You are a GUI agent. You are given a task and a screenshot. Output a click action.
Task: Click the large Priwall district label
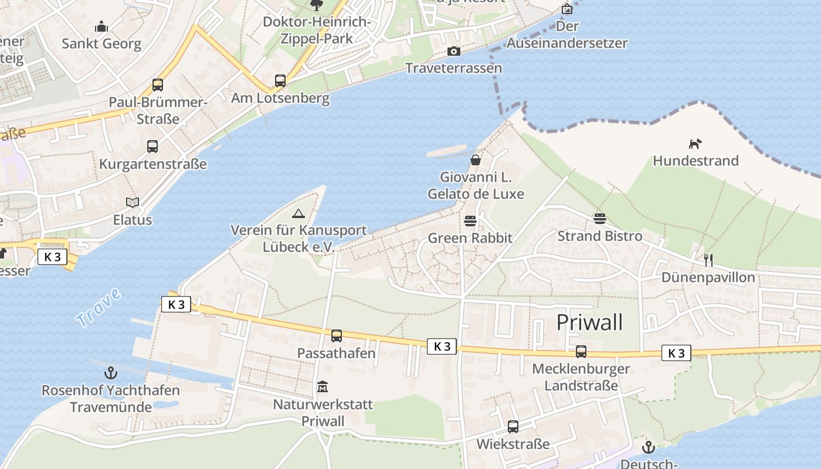(589, 322)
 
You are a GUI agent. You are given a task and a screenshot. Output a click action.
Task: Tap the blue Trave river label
(98, 308)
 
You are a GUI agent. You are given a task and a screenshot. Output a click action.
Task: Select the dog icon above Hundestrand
(695, 144)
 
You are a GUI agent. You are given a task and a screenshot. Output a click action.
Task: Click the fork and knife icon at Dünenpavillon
(708, 260)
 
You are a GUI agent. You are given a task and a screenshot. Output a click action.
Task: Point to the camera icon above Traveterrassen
(453, 52)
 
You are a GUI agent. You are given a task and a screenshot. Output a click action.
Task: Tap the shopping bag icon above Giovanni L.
(475, 159)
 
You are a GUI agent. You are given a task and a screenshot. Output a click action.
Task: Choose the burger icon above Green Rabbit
(470, 221)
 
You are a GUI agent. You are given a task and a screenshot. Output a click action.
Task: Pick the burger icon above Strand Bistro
(599, 219)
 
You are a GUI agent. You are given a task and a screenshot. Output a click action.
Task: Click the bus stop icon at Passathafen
(336, 336)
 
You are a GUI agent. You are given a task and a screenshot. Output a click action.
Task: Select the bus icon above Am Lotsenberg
(280, 81)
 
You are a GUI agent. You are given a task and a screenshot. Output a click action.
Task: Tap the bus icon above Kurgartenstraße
(152, 147)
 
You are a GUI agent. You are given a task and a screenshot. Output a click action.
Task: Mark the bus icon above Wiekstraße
(513, 427)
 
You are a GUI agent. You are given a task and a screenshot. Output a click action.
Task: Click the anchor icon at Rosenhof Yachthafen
(110, 373)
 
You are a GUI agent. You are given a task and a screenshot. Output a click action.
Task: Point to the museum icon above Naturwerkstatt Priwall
(323, 387)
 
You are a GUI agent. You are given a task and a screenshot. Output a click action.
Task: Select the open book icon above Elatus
(133, 203)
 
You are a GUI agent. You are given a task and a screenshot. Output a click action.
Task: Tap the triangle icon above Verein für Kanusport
(298, 213)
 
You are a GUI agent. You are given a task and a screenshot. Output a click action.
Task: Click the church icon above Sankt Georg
(101, 27)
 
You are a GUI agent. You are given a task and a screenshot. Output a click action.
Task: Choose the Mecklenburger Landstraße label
(581, 377)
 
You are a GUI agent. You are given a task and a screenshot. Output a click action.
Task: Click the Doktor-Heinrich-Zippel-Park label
(317, 30)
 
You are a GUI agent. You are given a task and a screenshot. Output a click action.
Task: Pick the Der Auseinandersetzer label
(567, 35)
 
